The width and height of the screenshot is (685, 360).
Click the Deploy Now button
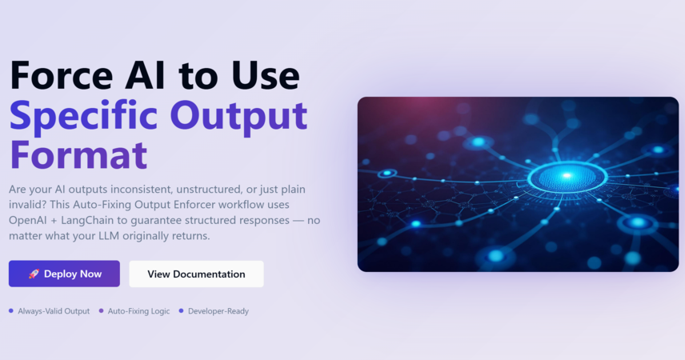click(x=64, y=274)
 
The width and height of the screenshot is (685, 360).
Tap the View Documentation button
click(x=196, y=274)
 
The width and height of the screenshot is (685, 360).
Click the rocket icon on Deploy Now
click(x=34, y=274)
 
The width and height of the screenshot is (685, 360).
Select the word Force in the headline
click(x=61, y=75)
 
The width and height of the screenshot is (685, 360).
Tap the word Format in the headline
click(x=78, y=154)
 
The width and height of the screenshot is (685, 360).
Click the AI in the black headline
click(x=145, y=75)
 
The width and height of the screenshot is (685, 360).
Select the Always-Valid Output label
click(x=54, y=311)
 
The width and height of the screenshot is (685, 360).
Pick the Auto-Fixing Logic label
click(x=139, y=311)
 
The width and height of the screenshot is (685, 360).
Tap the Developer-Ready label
click(x=218, y=311)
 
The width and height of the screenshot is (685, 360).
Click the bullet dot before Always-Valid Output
click(x=11, y=311)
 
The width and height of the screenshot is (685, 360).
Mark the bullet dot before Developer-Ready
click(x=182, y=311)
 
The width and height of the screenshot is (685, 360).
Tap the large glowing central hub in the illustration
click(x=567, y=177)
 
